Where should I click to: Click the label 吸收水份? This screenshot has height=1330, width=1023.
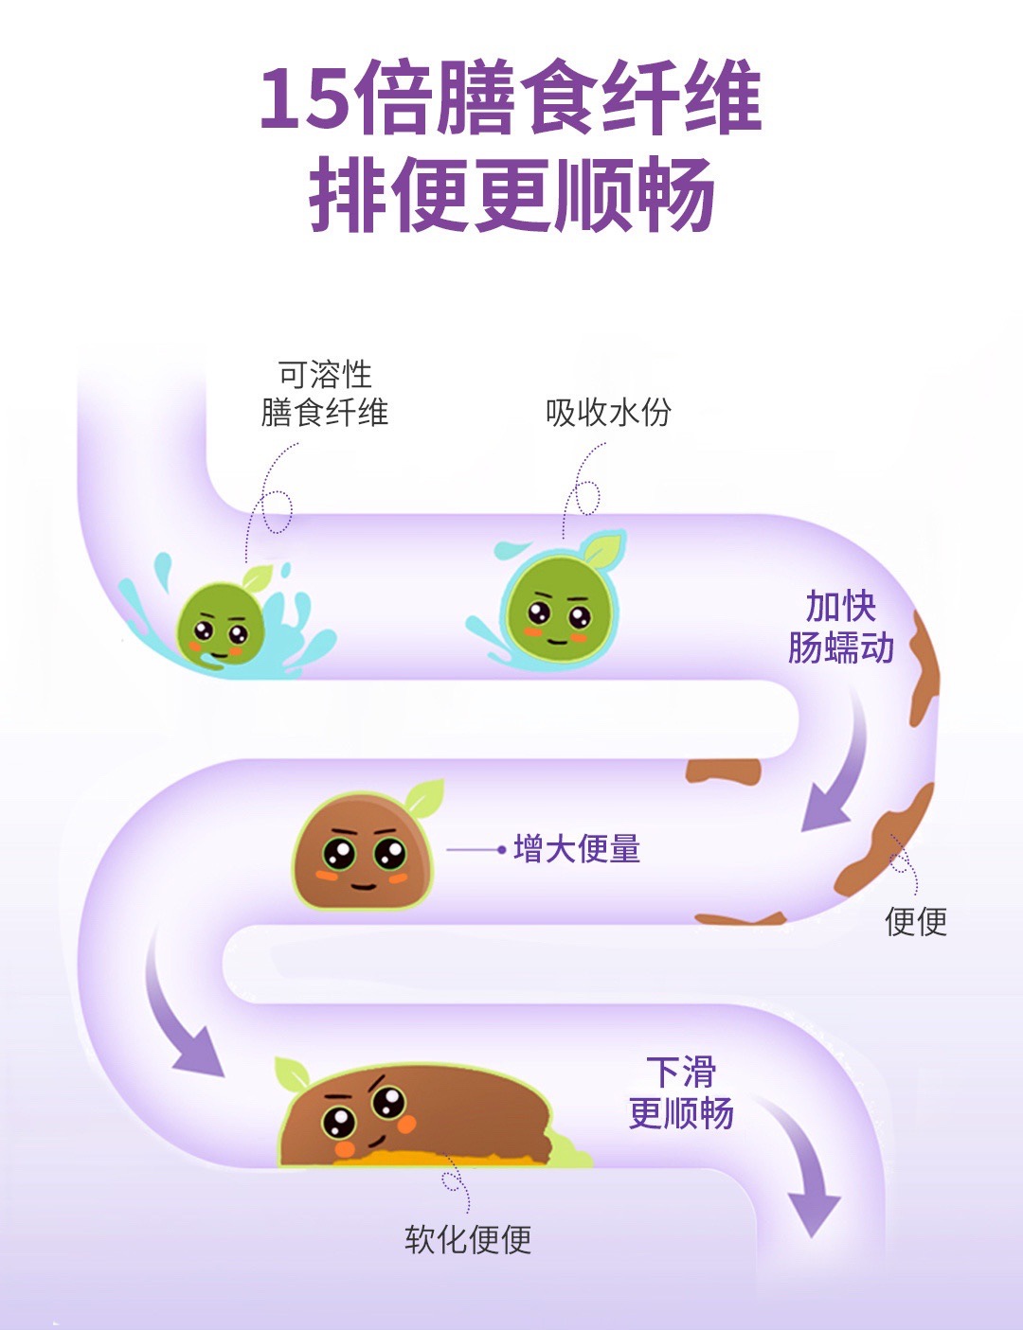pyautogui.click(x=608, y=412)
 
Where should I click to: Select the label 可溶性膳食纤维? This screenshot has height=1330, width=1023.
pyautogui.click(x=324, y=394)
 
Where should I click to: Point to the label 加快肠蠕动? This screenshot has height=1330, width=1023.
pyautogui.click(x=841, y=627)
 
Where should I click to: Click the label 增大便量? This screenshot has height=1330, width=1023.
pyautogui.click(x=577, y=849)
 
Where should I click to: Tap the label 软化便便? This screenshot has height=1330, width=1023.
pyautogui.click(x=468, y=1239)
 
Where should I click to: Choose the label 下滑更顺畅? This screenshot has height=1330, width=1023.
pyautogui.click(x=681, y=1093)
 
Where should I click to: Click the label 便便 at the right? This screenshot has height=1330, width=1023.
pyautogui.click(x=916, y=920)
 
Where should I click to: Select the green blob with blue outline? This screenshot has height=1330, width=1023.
pyautogui.click(x=559, y=611)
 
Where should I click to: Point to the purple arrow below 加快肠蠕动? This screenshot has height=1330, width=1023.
pyautogui.click(x=837, y=767)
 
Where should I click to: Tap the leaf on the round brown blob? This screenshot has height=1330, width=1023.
pyautogui.click(x=424, y=797)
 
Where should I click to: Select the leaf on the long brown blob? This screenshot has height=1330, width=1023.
pyautogui.click(x=293, y=1074)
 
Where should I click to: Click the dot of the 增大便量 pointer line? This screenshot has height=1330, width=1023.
pyautogui.click(x=501, y=850)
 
